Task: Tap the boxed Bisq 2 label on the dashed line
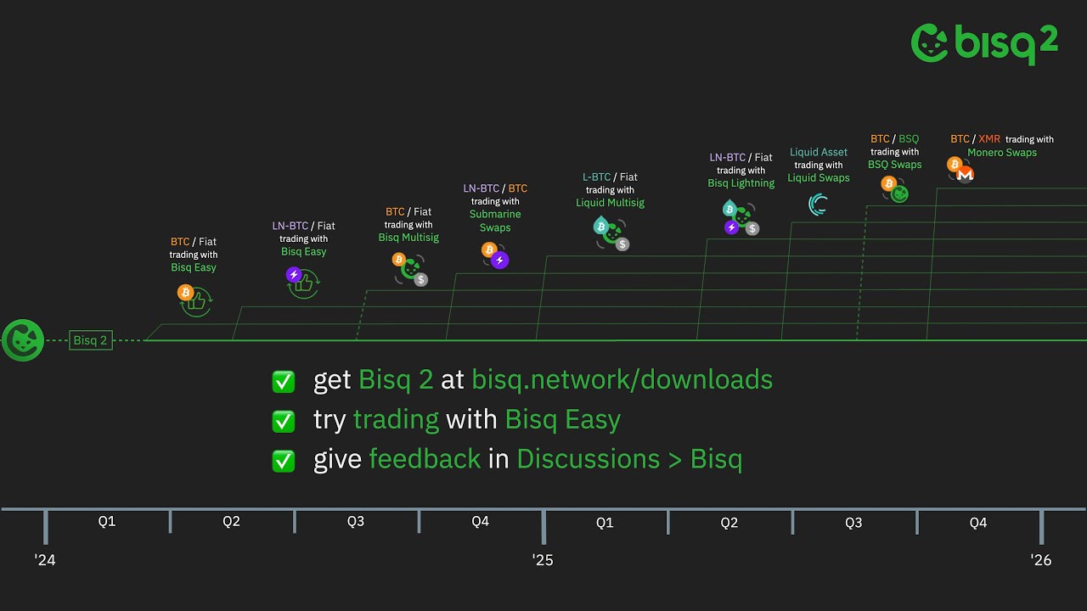click(91, 340)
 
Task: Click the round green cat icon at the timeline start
click(23, 340)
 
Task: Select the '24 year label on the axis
click(45, 560)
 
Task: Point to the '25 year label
click(543, 560)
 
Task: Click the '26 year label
click(1041, 560)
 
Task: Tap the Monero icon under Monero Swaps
click(965, 174)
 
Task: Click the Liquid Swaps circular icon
click(819, 205)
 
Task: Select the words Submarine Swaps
click(495, 221)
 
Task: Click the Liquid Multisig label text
click(610, 203)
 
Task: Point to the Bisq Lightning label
click(741, 183)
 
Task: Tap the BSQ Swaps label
click(894, 165)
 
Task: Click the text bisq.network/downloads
click(622, 379)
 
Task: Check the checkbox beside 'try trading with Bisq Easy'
click(284, 421)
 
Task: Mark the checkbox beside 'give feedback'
click(284, 461)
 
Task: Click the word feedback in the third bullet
click(425, 459)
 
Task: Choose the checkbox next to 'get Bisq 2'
click(284, 381)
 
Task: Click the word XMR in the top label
click(989, 139)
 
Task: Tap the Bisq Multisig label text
click(408, 238)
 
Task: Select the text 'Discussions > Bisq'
click(629, 459)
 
